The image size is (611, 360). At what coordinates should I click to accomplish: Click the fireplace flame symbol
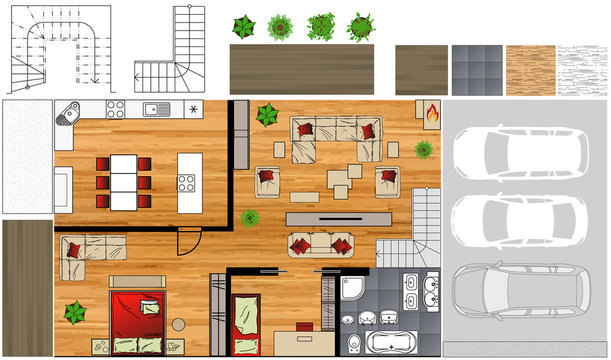tap(432, 113)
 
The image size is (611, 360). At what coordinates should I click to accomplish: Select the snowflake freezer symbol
tap(193, 109)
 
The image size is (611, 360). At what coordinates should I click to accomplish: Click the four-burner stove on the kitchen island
tap(186, 183)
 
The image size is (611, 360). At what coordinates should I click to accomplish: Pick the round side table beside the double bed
tap(178, 324)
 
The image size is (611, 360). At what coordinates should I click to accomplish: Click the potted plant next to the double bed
tap(76, 312)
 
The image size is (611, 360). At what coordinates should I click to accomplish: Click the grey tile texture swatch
tap(476, 69)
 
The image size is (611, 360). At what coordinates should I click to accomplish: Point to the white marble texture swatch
tap(581, 69)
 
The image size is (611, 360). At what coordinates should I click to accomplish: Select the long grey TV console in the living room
tap(337, 218)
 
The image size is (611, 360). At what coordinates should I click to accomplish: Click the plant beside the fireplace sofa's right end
tap(423, 150)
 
